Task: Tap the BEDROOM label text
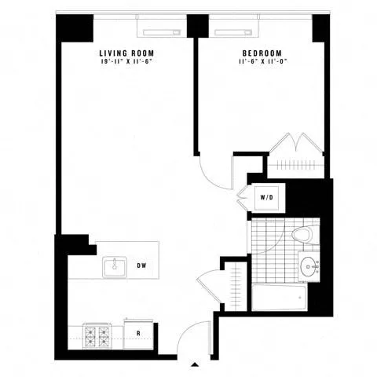(x=258, y=54)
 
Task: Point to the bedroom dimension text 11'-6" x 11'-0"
(x=258, y=63)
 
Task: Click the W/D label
(x=266, y=196)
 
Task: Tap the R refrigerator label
(x=139, y=334)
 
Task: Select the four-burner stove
(x=98, y=336)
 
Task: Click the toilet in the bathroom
(x=303, y=233)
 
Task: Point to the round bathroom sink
(x=307, y=265)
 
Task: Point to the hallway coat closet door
(x=210, y=284)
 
